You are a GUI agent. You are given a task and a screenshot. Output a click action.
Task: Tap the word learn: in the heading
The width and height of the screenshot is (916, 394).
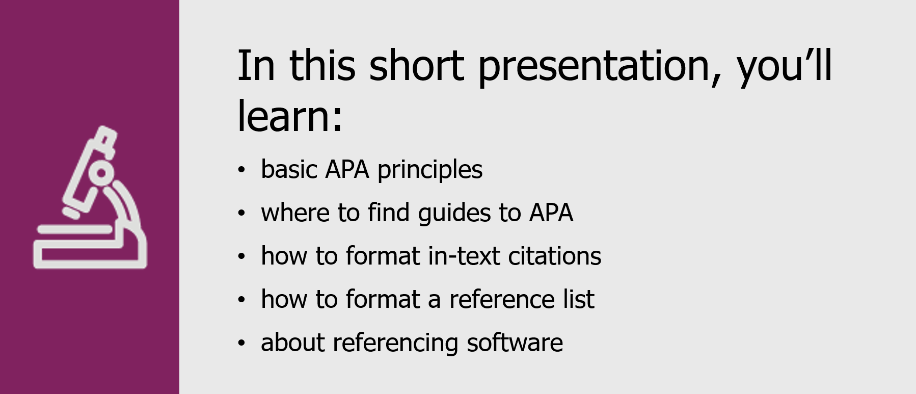(290, 116)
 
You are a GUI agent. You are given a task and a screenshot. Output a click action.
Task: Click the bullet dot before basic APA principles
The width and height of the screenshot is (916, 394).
(241, 170)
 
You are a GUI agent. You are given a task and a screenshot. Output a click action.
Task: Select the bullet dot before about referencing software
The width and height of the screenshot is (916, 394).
(241, 343)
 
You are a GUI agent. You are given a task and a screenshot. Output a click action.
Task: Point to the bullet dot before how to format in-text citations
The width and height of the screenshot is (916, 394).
(241, 256)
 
